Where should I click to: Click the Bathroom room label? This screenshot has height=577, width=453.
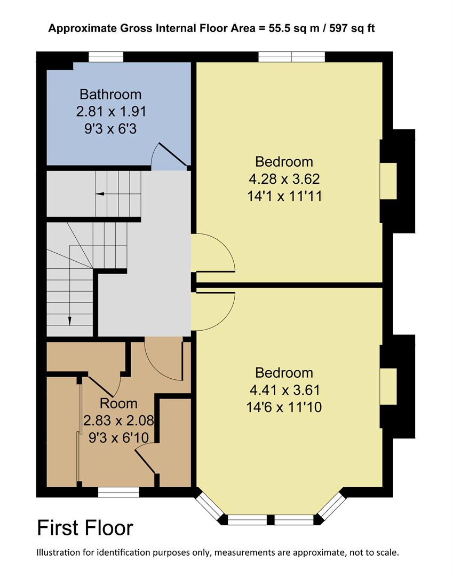point(110,95)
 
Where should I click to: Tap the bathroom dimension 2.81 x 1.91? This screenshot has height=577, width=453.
point(110,112)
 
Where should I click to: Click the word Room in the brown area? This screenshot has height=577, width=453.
point(118,403)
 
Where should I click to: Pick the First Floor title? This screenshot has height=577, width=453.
point(85,528)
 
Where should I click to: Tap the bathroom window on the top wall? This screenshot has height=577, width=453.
point(106,57)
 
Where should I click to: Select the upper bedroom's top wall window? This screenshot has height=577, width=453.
point(291,57)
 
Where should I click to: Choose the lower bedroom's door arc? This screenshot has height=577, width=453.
point(213,311)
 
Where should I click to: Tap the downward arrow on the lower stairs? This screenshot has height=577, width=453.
point(69,319)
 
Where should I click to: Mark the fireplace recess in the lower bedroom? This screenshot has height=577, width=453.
point(388,386)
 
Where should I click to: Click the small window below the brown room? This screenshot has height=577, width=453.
point(114,493)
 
